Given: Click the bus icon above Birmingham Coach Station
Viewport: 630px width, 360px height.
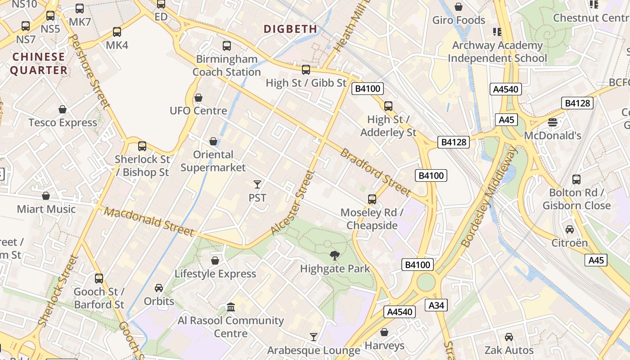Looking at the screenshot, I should (227, 45).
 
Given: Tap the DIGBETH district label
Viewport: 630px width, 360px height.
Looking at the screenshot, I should (290, 29).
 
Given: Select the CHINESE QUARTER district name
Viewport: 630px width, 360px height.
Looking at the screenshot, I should (39, 63).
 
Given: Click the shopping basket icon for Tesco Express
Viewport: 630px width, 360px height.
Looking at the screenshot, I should (63, 109).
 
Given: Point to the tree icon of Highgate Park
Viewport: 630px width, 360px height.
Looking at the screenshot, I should (334, 256).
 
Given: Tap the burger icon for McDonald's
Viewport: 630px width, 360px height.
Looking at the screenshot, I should (553, 122).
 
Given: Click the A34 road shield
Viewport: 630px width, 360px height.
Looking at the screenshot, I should (436, 306).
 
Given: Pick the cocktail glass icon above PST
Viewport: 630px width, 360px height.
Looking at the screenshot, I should (257, 184).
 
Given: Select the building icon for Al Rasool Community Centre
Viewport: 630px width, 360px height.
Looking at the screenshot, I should (231, 307).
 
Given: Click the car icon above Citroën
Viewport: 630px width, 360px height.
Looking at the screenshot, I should (570, 229).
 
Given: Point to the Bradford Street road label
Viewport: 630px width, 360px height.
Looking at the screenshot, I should (375, 173).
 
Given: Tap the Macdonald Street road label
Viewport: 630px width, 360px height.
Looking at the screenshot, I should (149, 221).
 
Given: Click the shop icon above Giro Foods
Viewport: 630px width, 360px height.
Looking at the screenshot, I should (459, 7).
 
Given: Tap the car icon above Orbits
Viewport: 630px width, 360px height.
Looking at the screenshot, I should (159, 288).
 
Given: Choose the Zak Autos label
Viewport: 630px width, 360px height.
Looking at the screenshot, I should (509, 350).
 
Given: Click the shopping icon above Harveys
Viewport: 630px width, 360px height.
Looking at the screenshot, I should (384, 332).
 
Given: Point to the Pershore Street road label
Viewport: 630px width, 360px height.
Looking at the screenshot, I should (90, 72).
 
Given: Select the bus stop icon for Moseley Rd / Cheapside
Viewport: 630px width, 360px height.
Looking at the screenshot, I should (372, 199).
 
